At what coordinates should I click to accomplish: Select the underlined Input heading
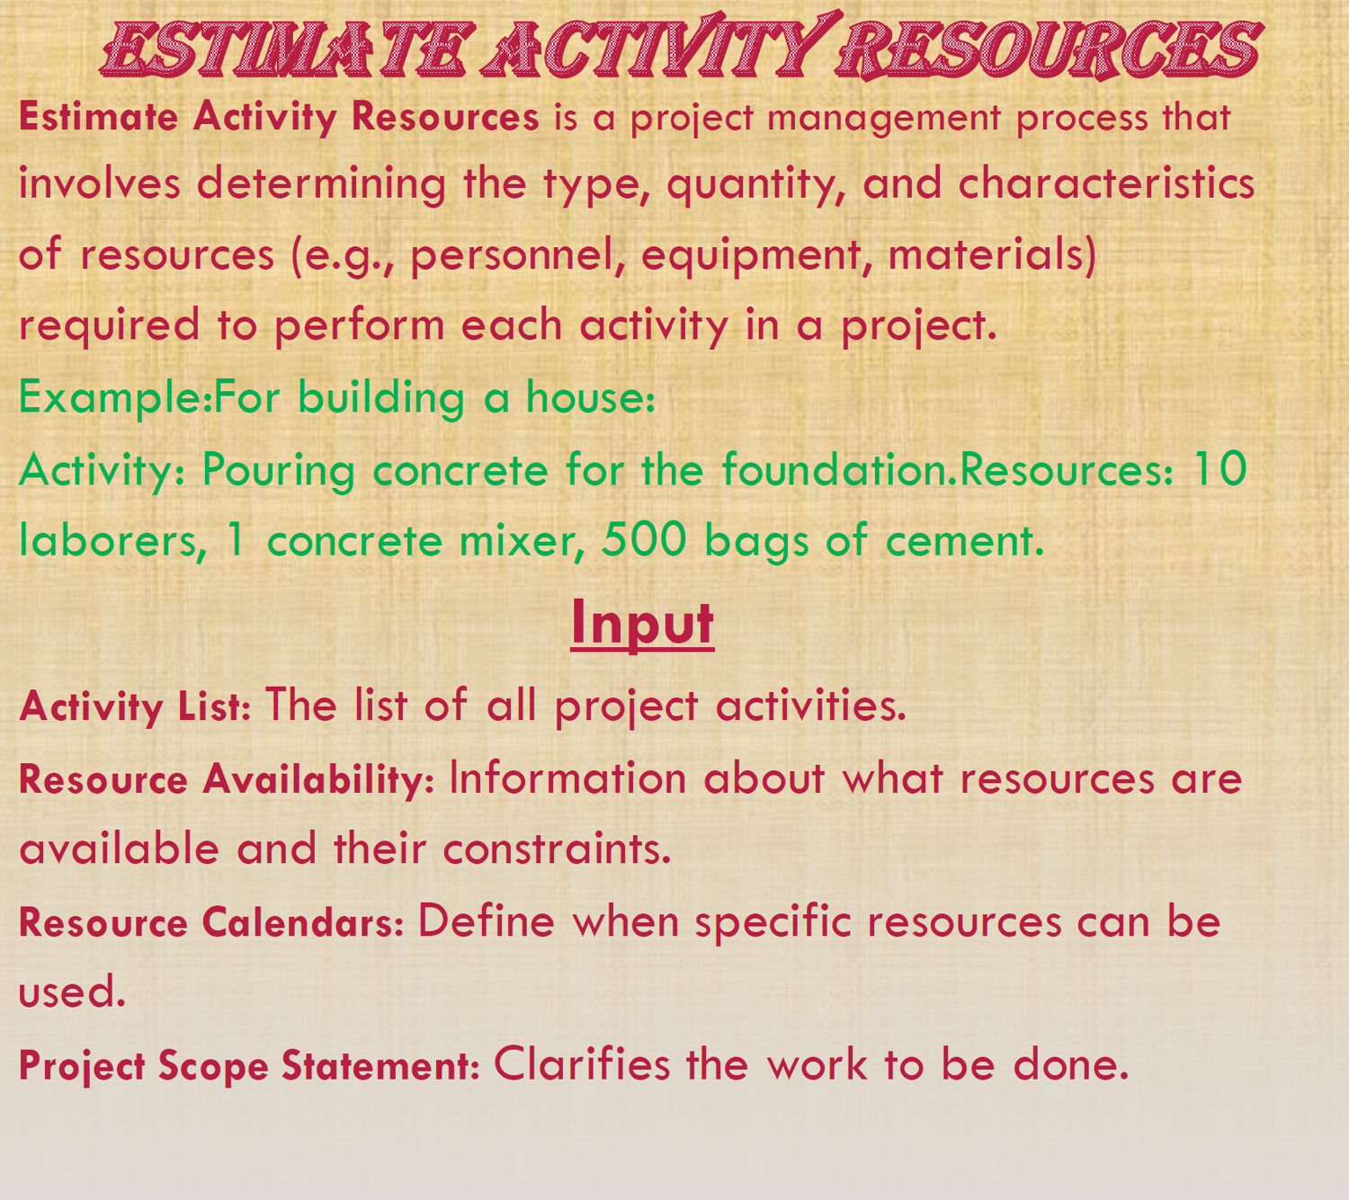coord(642,624)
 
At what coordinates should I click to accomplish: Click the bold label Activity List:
coord(135,707)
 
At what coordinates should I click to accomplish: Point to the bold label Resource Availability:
coord(227,778)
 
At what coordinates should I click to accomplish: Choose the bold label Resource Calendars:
coord(211,923)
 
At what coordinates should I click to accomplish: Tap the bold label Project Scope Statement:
coord(249,1065)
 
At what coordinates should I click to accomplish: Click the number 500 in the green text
coord(643,539)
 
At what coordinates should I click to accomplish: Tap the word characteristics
coord(1106,182)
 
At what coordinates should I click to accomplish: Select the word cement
coord(965,540)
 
